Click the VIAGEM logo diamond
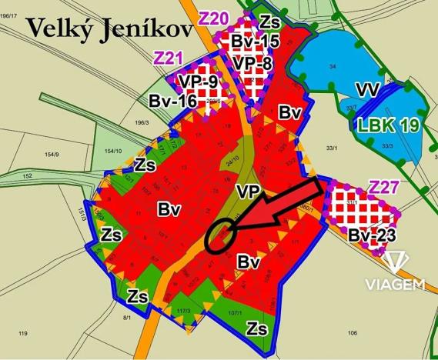click(x=396, y=262)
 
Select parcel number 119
click(x=22, y=333)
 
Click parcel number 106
click(x=351, y=332)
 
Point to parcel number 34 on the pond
click(x=333, y=68)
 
